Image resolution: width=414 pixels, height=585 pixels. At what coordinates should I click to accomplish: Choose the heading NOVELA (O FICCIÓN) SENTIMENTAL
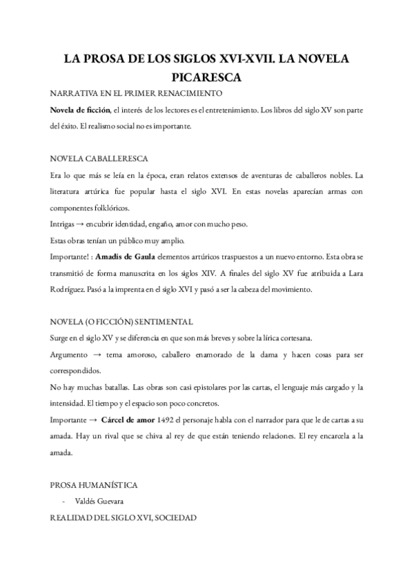coord(121,322)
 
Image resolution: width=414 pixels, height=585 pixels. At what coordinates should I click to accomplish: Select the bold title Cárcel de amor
coord(129,420)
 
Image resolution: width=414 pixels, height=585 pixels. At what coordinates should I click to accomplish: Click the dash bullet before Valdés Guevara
coord(63,502)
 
